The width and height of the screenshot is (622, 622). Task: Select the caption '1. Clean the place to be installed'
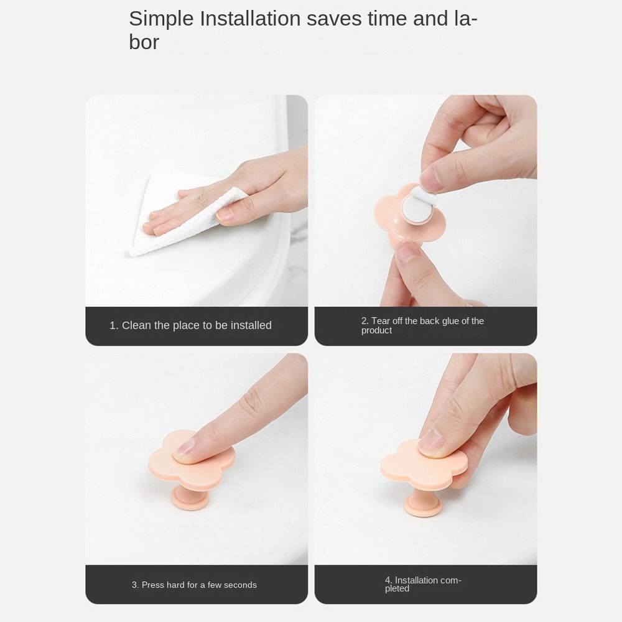(190, 325)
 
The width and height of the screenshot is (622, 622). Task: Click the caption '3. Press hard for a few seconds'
(194, 585)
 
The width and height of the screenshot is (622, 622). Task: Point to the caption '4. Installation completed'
(422, 584)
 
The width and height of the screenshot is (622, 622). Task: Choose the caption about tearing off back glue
(422, 325)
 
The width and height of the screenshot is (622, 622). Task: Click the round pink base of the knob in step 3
(190, 498)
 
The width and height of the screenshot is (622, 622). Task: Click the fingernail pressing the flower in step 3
(185, 450)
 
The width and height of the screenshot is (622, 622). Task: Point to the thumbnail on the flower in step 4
(431, 443)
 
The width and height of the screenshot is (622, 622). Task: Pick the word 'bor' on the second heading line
(144, 42)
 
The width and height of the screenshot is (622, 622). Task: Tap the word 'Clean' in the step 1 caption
(136, 325)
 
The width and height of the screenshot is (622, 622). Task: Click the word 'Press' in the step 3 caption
(153, 585)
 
